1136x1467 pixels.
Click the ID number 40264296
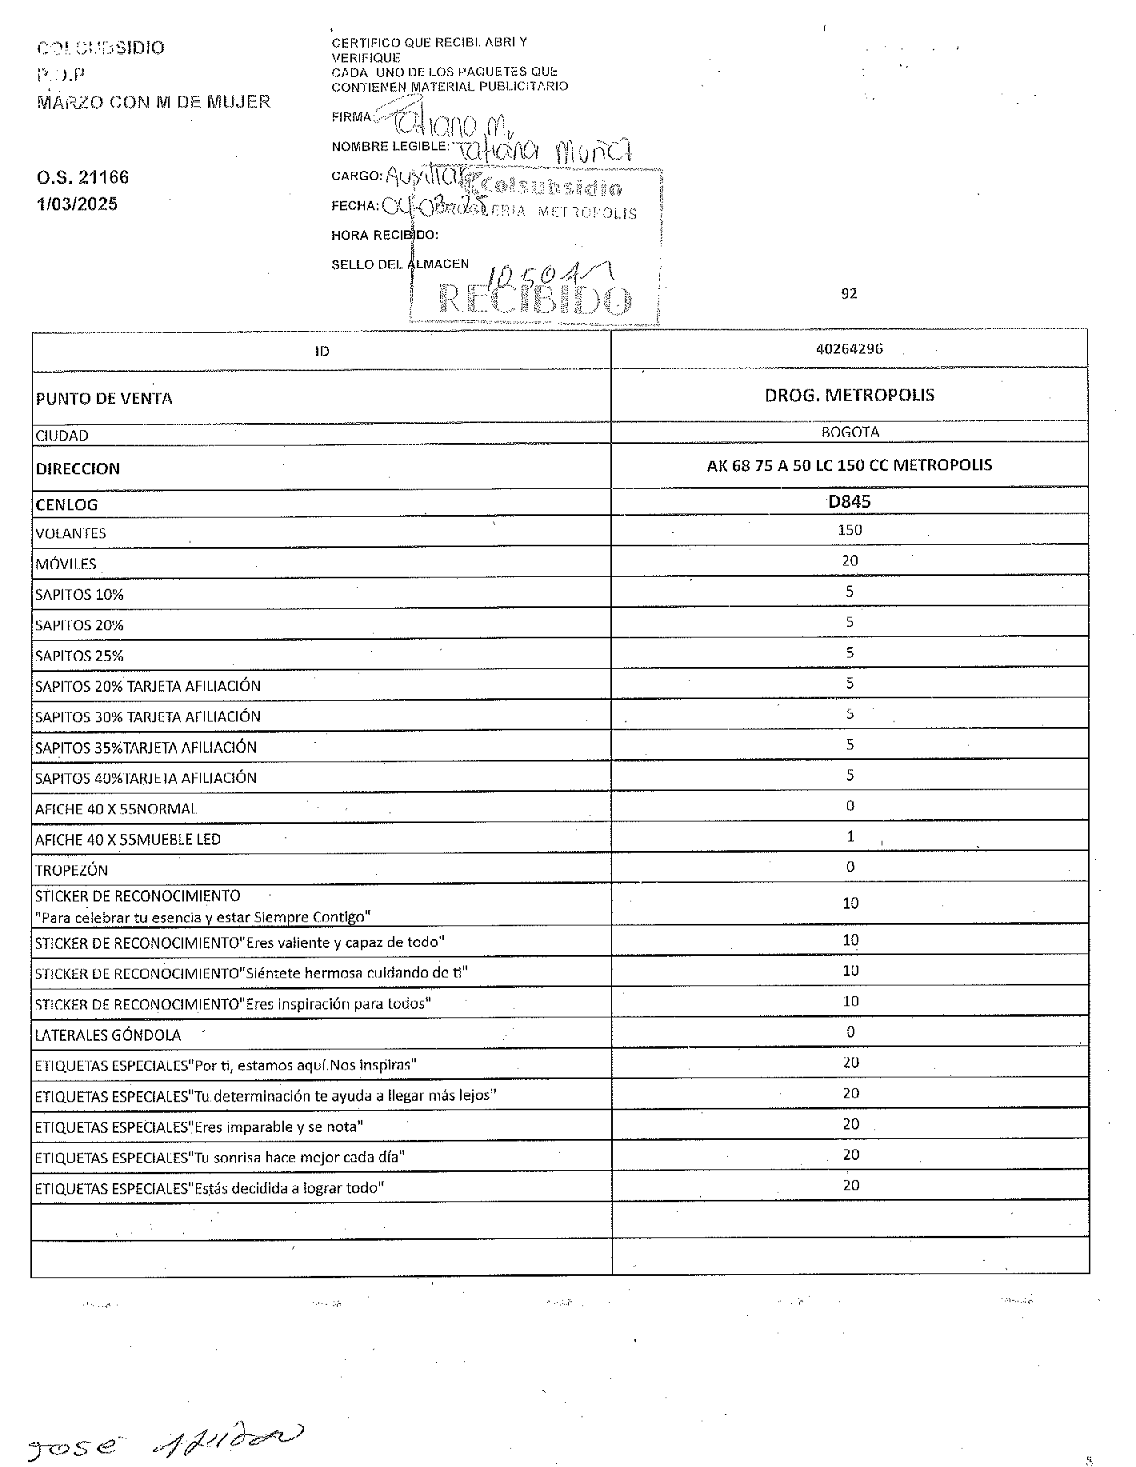pyautogui.click(x=849, y=349)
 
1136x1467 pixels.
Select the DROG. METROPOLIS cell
pyautogui.click(x=849, y=394)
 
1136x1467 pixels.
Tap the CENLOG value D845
pyautogui.click(x=849, y=502)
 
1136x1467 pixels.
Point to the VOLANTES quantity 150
pyautogui.click(x=849, y=530)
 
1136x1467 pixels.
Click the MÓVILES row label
pyautogui.click(x=66, y=564)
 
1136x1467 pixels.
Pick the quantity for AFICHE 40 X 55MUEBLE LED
pyautogui.click(x=850, y=836)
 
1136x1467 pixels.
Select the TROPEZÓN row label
pyautogui.click(x=71, y=869)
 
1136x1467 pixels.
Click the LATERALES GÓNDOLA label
pyautogui.click(x=107, y=1035)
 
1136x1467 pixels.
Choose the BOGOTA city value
pyautogui.click(x=850, y=432)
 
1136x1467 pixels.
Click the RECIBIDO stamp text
pyautogui.click(x=535, y=301)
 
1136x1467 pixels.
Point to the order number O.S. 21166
pyautogui.click(x=82, y=177)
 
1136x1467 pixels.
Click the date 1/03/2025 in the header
pyautogui.click(x=77, y=204)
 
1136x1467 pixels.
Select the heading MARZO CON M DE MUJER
pyautogui.click(x=154, y=102)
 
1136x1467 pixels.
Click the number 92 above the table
pyautogui.click(x=849, y=294)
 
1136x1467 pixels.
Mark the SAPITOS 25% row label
pyautogui.click(x=79, y=656)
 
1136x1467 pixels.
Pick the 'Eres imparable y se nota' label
pyautogui.click(x=198, y=1127)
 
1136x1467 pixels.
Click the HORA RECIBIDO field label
pyautogui.click(x=385, y=235)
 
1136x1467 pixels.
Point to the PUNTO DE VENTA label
pyautogui.click(x=104, y=398)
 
